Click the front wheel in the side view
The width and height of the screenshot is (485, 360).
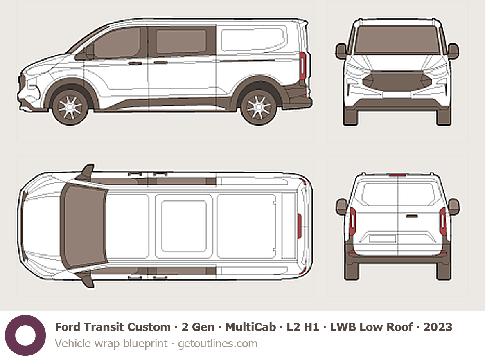pyautogui.click(x=70, y=107)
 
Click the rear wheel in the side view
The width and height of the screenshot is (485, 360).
pyautogui.click(x=259, y=107)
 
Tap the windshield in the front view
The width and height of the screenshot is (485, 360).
pyautogui.click(x=397, y=40)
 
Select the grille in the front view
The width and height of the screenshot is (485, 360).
pyautogui.click(x=397, y=81)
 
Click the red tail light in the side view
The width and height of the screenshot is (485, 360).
pyautogui.click(x=302, y=66)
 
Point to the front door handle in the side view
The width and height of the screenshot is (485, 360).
pyautogui.click(x=135, y=63)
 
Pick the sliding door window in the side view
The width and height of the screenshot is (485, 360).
pyautogui.click(x=181, y=42)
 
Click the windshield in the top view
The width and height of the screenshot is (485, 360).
pyautogui.click(x=83, y=226)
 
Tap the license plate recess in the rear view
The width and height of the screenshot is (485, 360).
pyautogui.click(x=383, y=239)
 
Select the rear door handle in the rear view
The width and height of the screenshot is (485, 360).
pyautogui.click(x=412, y=216)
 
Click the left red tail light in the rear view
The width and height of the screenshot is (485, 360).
pyautogui.click(x=353, y=221)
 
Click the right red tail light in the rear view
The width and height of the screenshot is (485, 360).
pyautogui.click(x=442, y=221)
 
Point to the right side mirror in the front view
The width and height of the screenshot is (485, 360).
pyautogui.click(x=453, y=51)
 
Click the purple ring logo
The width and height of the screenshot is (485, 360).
pyautogui.click(x=25, y=335)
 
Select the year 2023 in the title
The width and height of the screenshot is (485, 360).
pyautogui.click(x=438, y=327)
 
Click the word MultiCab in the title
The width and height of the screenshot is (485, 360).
pyautogui.click(x=250, y=327)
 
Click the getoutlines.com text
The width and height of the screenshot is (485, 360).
pyautogui.click(x=217, y=343)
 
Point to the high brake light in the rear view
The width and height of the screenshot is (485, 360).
pyautogui.click(x=397, y=175)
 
